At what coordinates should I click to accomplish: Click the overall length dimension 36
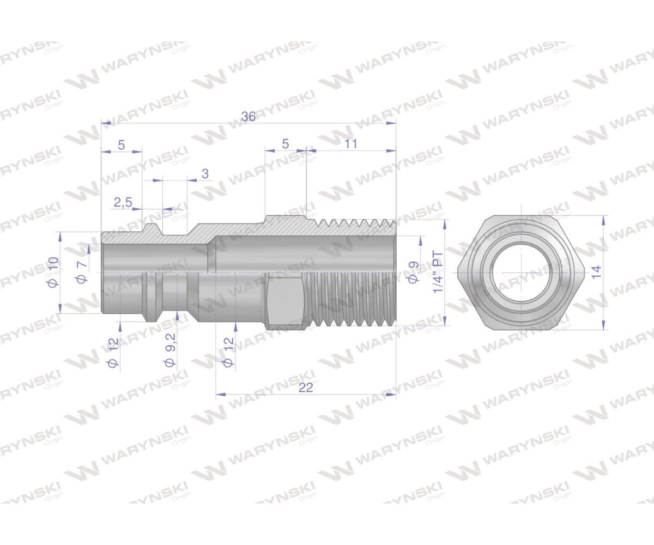pyautogui.click(x=249, y=116)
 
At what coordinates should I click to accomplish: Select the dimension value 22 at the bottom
pyautogui.click(x=306, y=387)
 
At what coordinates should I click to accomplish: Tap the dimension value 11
pyautogui.click(x=351, y=144)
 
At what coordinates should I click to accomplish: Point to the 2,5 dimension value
pyautogui.click(x=123, y=203)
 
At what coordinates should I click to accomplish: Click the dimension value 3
pyautogui.click(x=205, y=173)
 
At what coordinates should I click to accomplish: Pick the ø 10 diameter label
pyautogui.click(x=54, y=272)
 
